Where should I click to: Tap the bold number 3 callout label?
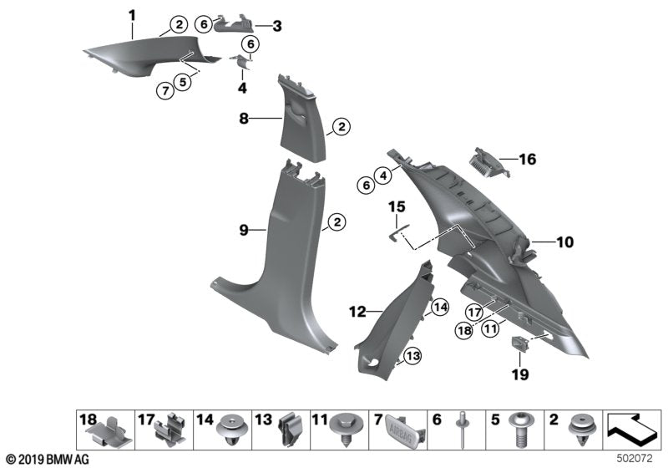pyautogui.click(x=276, y=26)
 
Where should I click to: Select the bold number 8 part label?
pyautogui.click(x=244, y=120)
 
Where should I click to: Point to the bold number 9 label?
pyautogui.click(x=244, y=228)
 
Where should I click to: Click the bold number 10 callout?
pyautogui.click(x=565, y=243)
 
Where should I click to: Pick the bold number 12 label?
pyautogui.click(x=357, y=312)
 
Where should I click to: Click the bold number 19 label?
pyautogui.click(x=520, y=375)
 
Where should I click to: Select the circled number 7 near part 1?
pyautogui.click(x=167, y=92)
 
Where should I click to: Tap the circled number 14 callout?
pyautogui.click(x=440, y=307)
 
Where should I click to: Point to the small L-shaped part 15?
pyautogui.click(x=398, y=231)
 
